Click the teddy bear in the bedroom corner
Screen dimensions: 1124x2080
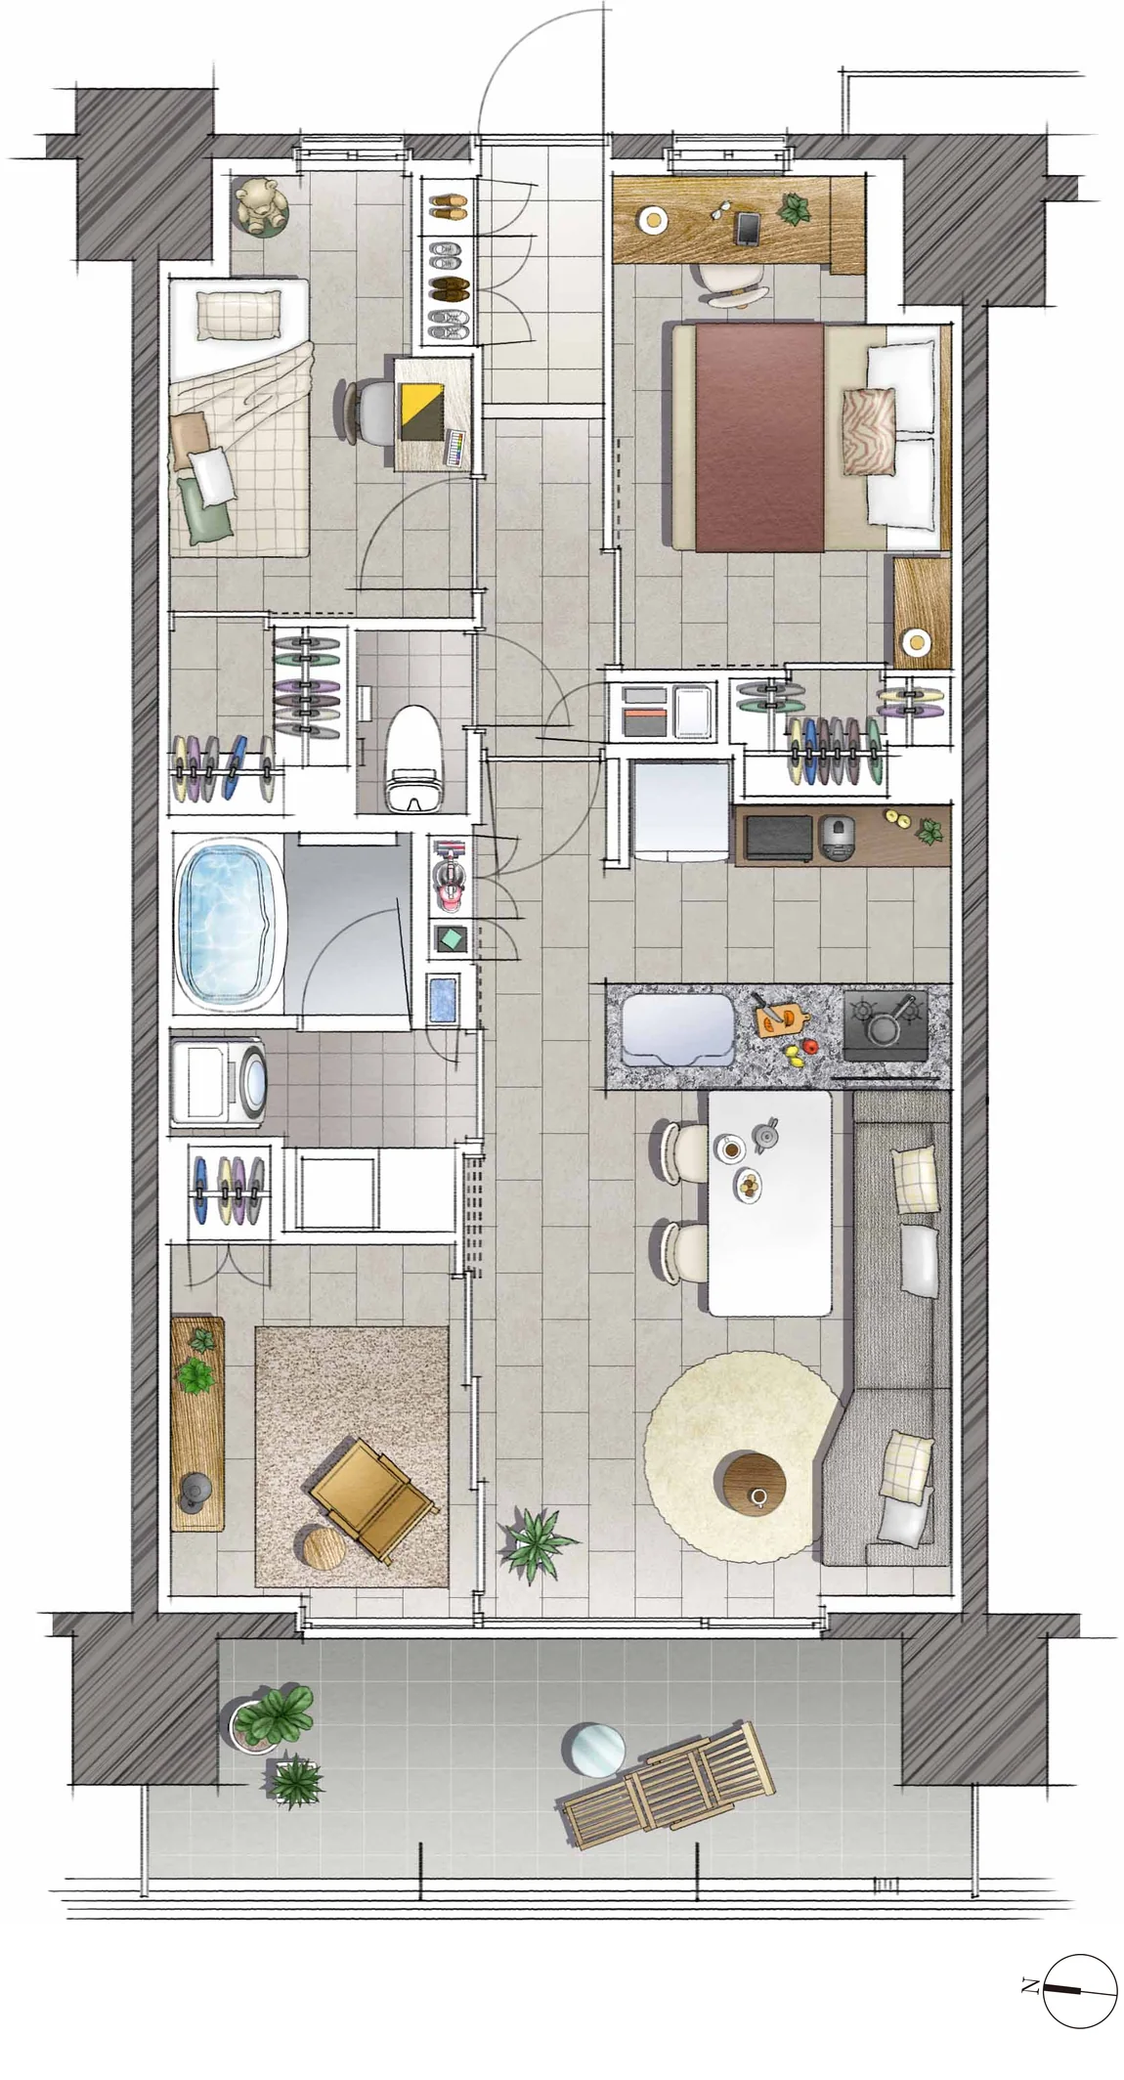(x=260, y=205)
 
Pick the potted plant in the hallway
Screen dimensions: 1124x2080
(x=535, y=1536)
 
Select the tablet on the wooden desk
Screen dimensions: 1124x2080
(x=749, y=229)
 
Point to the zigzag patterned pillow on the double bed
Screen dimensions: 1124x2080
(x=869, y=431)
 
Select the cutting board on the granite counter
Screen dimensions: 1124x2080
(x=782, y=1018)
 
